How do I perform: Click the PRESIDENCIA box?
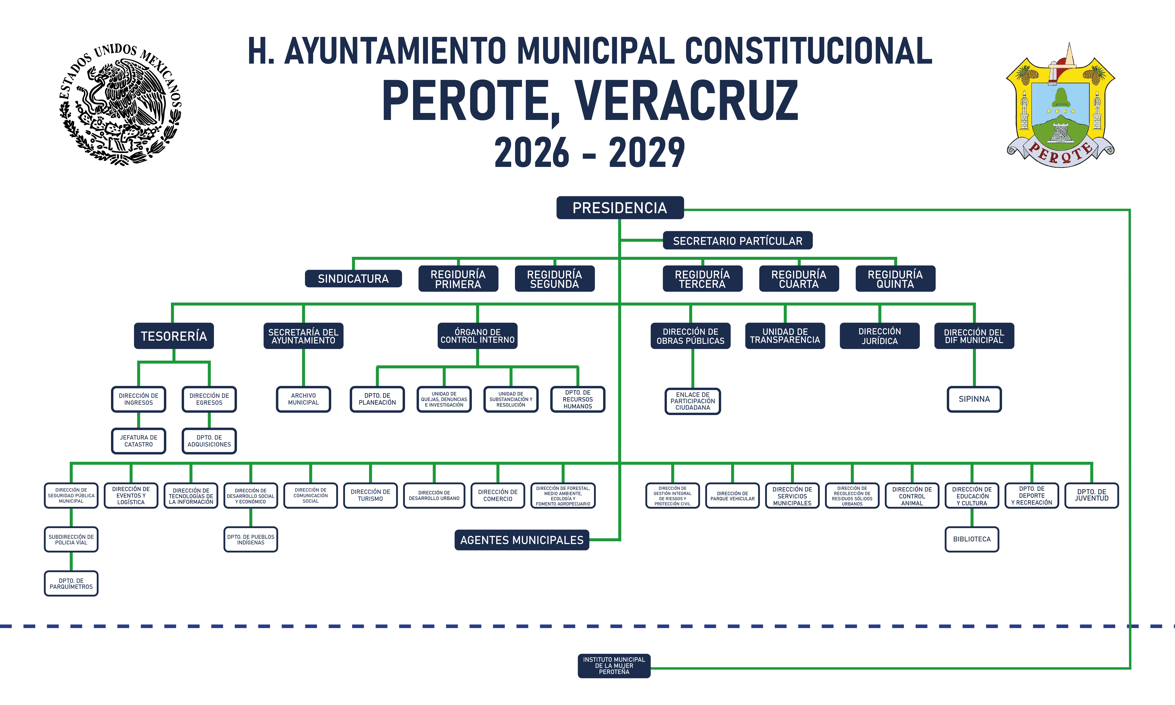620,208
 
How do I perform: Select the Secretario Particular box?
738,240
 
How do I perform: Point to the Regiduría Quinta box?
895,278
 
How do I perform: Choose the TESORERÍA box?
174,336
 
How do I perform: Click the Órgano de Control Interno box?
477,336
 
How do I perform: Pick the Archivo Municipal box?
303,399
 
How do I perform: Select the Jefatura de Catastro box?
139,441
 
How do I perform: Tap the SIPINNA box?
974,399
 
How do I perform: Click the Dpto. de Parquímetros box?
71,583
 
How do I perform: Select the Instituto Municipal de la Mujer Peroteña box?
614,666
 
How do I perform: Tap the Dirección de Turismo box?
370,496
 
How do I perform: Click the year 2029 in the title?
647,153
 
